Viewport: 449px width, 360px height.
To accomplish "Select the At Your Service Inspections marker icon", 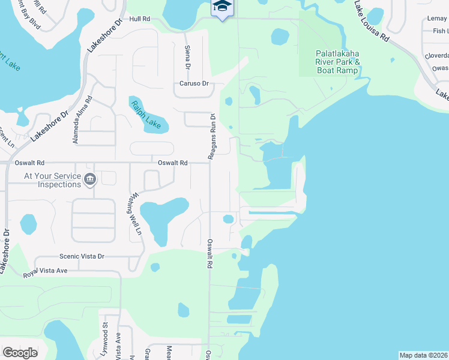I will [89, 179].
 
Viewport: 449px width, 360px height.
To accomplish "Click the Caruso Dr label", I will [193, 83].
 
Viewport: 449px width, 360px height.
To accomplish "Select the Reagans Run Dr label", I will [212, 136].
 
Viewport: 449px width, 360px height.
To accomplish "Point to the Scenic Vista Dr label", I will [82, 256].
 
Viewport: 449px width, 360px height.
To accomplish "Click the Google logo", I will [20, 353].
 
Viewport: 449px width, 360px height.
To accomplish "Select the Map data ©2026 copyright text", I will [423, 355].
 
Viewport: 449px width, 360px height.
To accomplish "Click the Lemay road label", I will [437, 19].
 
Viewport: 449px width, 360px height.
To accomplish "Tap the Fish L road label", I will [439, 31].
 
